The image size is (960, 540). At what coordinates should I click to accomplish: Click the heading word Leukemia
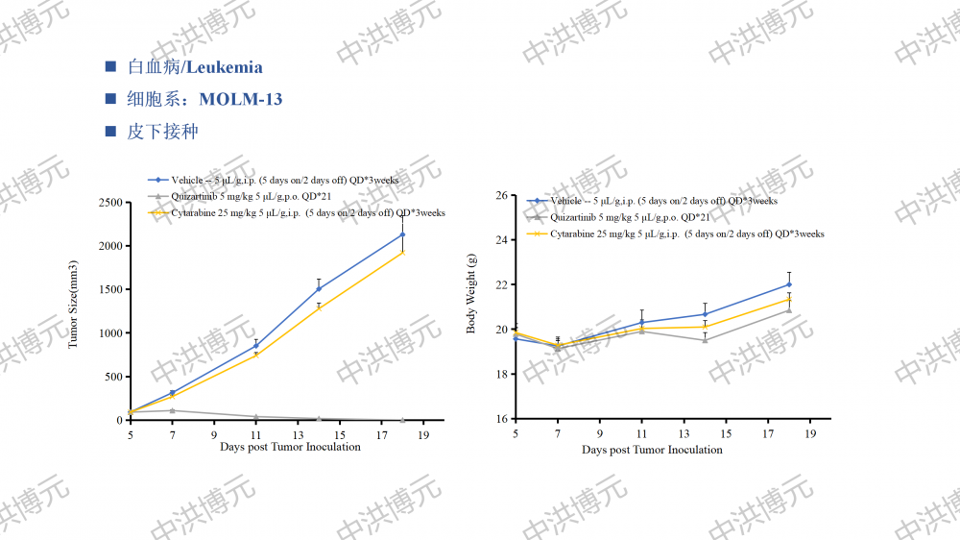click(x=225, y=67)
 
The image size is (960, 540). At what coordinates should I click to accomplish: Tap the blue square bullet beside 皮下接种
click(x=110, y=131)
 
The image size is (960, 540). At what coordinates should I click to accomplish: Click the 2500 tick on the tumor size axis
click(x=110, y=203)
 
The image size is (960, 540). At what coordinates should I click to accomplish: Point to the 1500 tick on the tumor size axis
click(x=110, y=289)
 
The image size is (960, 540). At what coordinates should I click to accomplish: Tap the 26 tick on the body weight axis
click(x=501, y=196)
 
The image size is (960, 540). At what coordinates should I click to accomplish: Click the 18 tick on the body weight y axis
click(x=501, y=375)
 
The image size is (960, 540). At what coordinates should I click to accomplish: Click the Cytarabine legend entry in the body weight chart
click(x=686, y=233)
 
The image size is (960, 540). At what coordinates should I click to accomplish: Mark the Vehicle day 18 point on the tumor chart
click(x=402, y=234)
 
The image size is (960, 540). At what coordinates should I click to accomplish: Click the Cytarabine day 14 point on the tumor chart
click(x=319, y=307)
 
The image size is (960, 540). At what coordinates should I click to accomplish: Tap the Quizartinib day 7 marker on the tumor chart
click(x=172, y=410)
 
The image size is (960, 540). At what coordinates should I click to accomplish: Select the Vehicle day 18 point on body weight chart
click(x=789, y=284)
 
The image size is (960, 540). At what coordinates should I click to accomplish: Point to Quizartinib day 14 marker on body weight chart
click(x=705, y=340)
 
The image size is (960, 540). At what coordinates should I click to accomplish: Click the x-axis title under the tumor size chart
click(x=290, y=447)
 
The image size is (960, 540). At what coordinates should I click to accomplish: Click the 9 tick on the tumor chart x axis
click(x=214, y=434)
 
